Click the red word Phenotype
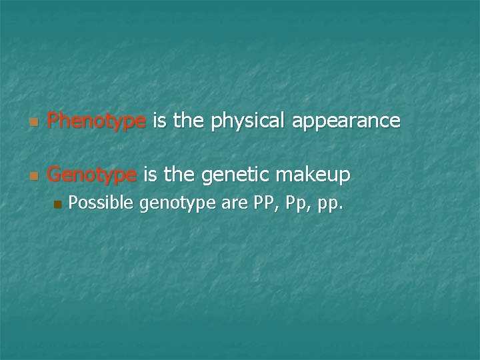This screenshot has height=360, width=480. click(x=97, y=121)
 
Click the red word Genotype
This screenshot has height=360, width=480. click(x=92, y=175)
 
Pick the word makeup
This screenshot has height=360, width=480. click(x=313, y=175)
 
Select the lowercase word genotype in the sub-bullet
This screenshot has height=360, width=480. click(x=177, y=204)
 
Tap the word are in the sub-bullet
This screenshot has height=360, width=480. click(x=235, y=203)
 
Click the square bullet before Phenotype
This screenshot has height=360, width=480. click(x=34, y=123)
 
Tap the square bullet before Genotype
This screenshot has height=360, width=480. click(x=34, y=177)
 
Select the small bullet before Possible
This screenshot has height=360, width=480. click(x=57, y=204)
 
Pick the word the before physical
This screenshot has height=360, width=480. click(x=189, y=121)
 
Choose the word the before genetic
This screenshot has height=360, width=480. click(x=179, y=175)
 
